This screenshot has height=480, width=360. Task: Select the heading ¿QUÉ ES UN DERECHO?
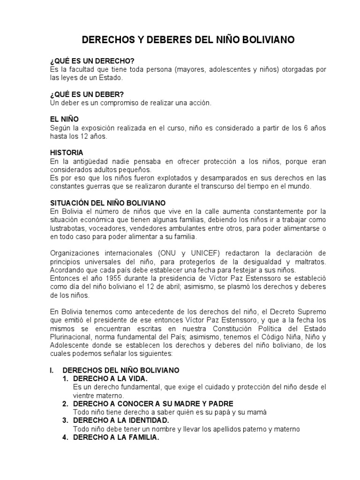92,62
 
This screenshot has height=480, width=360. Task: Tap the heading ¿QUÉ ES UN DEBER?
87,94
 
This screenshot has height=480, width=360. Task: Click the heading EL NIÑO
64,120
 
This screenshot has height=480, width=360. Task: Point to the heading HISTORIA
67,152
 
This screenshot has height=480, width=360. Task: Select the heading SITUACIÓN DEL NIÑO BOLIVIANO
107,203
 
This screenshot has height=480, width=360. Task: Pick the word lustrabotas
68,228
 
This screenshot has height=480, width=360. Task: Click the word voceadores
110,228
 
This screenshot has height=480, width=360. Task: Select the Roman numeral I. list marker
52,370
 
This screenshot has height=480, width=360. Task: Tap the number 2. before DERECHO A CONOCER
66,404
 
